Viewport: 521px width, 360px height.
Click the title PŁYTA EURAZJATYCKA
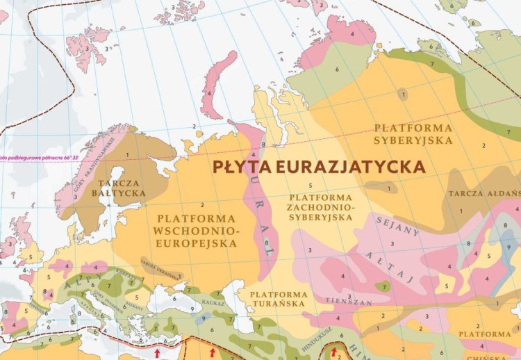(x=319, y=167)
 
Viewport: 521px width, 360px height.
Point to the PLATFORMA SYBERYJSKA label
(x=413, y=133)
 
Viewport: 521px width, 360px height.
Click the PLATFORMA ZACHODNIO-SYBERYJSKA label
(x=320, y=207)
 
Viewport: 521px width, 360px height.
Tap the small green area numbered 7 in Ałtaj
(x=381, y=285)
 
